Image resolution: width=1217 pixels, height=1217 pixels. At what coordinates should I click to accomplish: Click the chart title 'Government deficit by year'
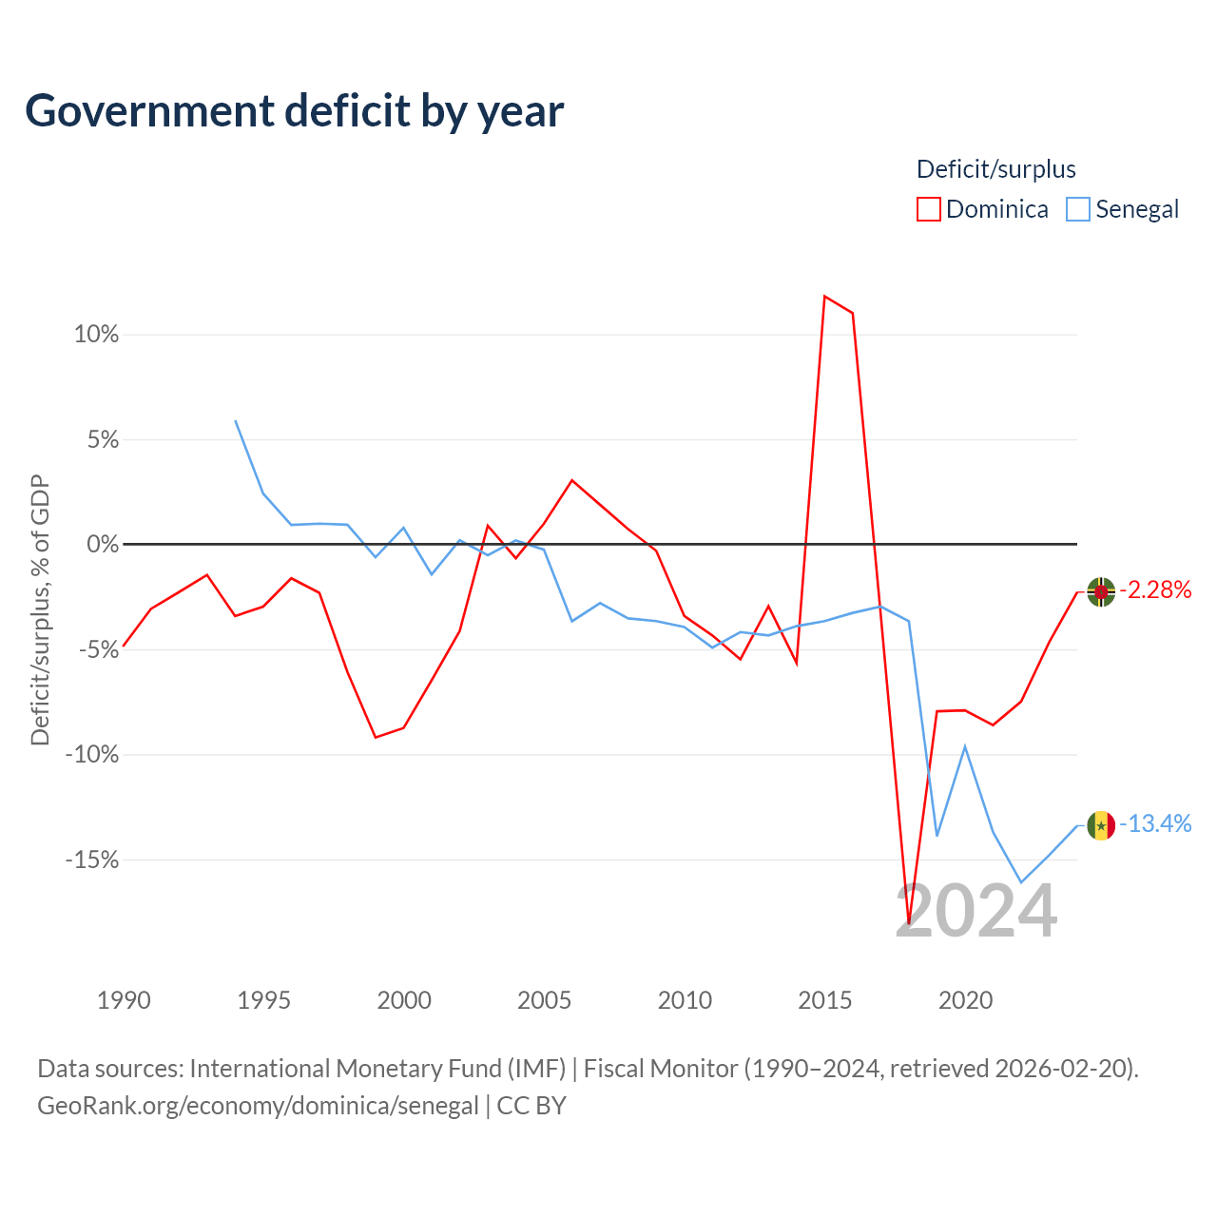tap(294, 111)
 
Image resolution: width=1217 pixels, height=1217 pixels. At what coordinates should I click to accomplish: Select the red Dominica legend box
tap(928, 209)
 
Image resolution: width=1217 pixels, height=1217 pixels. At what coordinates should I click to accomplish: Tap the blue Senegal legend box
tap(1077, 209)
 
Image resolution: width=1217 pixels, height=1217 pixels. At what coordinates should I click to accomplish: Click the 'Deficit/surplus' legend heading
tap(996, 169)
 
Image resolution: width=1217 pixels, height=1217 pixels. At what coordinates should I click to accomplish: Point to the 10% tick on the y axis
tap(96, 334)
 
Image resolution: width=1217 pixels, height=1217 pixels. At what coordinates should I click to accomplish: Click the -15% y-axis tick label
tap(92, 860)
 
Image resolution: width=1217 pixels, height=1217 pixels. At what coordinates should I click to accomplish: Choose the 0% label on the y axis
tap(103, 544)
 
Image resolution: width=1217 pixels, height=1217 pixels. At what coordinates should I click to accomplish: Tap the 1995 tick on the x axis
tap(263, 1001)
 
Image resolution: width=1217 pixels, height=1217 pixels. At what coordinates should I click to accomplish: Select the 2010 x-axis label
tap(685, 1001)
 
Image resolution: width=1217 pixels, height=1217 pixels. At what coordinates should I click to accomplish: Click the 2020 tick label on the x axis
tap(965, 1001)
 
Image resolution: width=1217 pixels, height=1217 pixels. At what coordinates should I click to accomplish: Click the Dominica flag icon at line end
tap(1101, 591)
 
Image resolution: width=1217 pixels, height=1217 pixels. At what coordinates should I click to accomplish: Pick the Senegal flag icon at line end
tap(1101, 825)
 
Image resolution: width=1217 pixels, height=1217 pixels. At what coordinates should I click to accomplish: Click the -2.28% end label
tap(1155, 589)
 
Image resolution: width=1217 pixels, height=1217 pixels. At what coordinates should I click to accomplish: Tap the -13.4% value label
tap(1155, 823)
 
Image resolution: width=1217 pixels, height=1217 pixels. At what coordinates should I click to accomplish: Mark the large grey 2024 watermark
tap(976, 910)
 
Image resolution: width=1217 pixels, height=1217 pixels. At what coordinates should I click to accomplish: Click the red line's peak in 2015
tap(825, 296)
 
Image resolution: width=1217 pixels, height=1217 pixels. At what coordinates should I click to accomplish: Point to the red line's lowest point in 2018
tap(909, 922)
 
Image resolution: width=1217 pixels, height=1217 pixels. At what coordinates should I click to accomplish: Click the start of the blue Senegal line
tap(236, 420)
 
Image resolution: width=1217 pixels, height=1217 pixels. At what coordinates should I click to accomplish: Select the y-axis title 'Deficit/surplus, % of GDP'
tap(40, 609)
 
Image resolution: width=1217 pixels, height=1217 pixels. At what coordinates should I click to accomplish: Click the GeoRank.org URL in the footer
tap(258, 1106)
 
